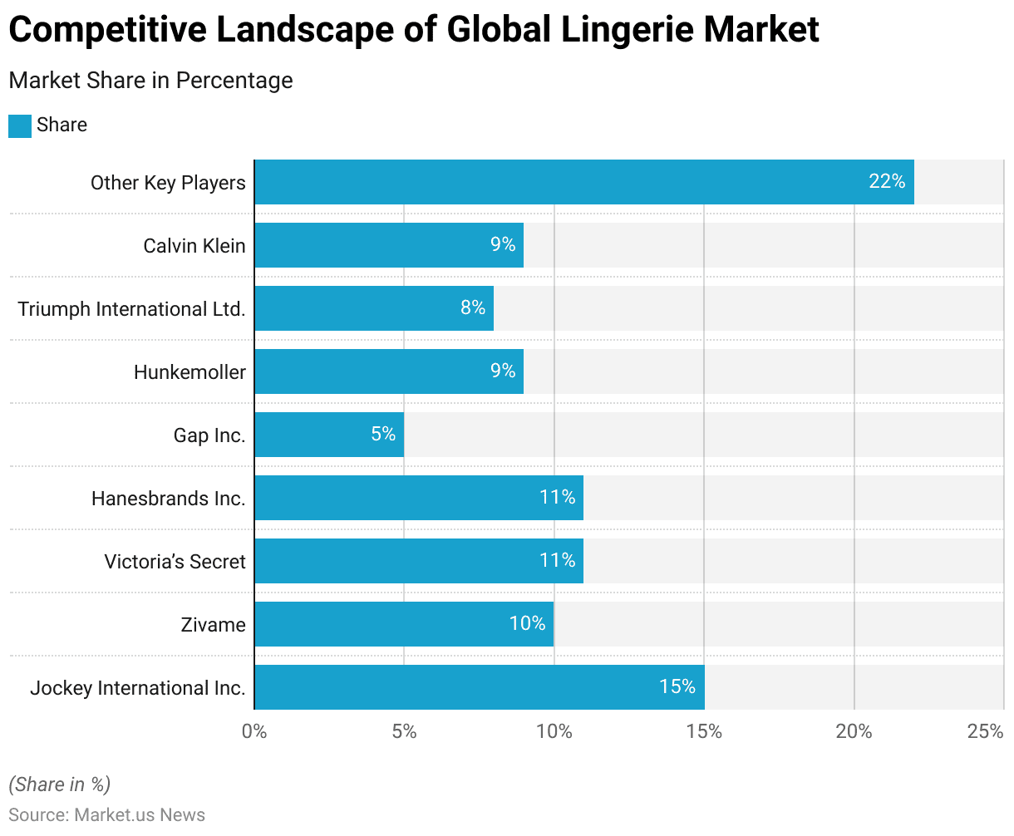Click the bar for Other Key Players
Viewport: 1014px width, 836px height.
point(583,182)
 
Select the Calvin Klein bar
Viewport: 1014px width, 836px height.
point(389,245)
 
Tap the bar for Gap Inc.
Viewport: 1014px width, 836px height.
point(329,435)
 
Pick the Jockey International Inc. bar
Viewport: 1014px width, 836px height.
point(480,687)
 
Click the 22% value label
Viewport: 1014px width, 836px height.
point(887,181)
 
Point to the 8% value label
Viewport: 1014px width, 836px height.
point(473,307)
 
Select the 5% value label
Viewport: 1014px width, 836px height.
point(383,434)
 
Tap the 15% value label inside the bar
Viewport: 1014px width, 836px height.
point(677,686)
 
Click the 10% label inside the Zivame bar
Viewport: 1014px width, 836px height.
point(528,623)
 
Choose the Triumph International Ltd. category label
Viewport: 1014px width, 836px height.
point(131,309)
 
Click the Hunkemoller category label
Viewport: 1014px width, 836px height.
point(190,372)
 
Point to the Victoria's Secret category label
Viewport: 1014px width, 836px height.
point(175,562)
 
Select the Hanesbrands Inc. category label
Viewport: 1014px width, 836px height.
point(169,499)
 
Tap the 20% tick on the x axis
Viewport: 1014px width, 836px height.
point(854,731)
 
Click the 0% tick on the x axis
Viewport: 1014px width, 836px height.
point(254,731)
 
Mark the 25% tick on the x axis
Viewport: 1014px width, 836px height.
point(986,731)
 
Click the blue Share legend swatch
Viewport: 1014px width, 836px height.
point(20,125)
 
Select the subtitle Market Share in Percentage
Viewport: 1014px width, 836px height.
point(150,81)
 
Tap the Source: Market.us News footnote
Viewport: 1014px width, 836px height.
point(106,814)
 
